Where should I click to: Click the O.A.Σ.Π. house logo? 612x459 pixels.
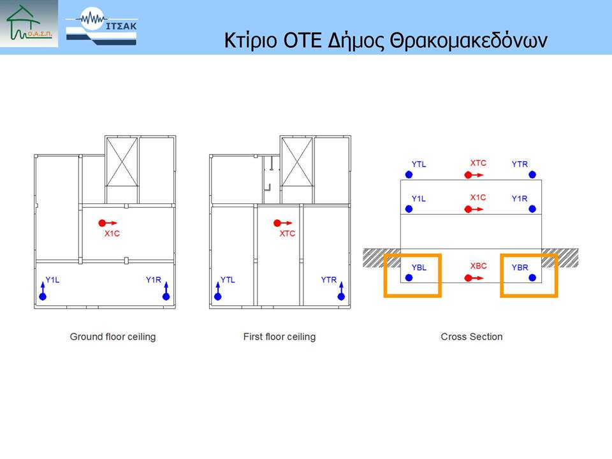(x=29, y=24)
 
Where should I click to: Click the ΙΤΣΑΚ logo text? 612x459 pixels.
(x=121, y=26)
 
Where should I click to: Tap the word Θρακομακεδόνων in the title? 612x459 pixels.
(x=469, y=40)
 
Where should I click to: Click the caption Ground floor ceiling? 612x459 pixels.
(x=113, y=337)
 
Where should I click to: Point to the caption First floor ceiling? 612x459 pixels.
(x=279, y=337)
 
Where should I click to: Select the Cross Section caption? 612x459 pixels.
(x=472, y=337)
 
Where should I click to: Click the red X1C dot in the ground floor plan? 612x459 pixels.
(x=102, y=223)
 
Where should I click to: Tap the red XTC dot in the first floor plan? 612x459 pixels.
(x=277, y=223)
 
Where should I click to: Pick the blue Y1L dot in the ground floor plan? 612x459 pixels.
(x=43, y=296)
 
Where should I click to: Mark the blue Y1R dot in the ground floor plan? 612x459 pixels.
(x=166, y=296)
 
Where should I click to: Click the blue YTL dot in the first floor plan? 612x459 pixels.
(x=218, y=296)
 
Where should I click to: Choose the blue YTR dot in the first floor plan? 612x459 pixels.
(x=341, y=296)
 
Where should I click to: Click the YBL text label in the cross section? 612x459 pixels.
(x=419, y=267)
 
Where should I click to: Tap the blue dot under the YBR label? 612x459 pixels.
(x=532, y=277)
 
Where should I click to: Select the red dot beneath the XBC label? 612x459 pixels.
(x=468, y=278)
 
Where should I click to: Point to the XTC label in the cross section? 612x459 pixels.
(x=478, y=163)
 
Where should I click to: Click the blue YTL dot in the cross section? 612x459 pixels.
(x=409, y=175)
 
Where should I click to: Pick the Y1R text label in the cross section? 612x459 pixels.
(x=520, y=199)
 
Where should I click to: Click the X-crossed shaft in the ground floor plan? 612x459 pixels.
(x=122, y=161)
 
